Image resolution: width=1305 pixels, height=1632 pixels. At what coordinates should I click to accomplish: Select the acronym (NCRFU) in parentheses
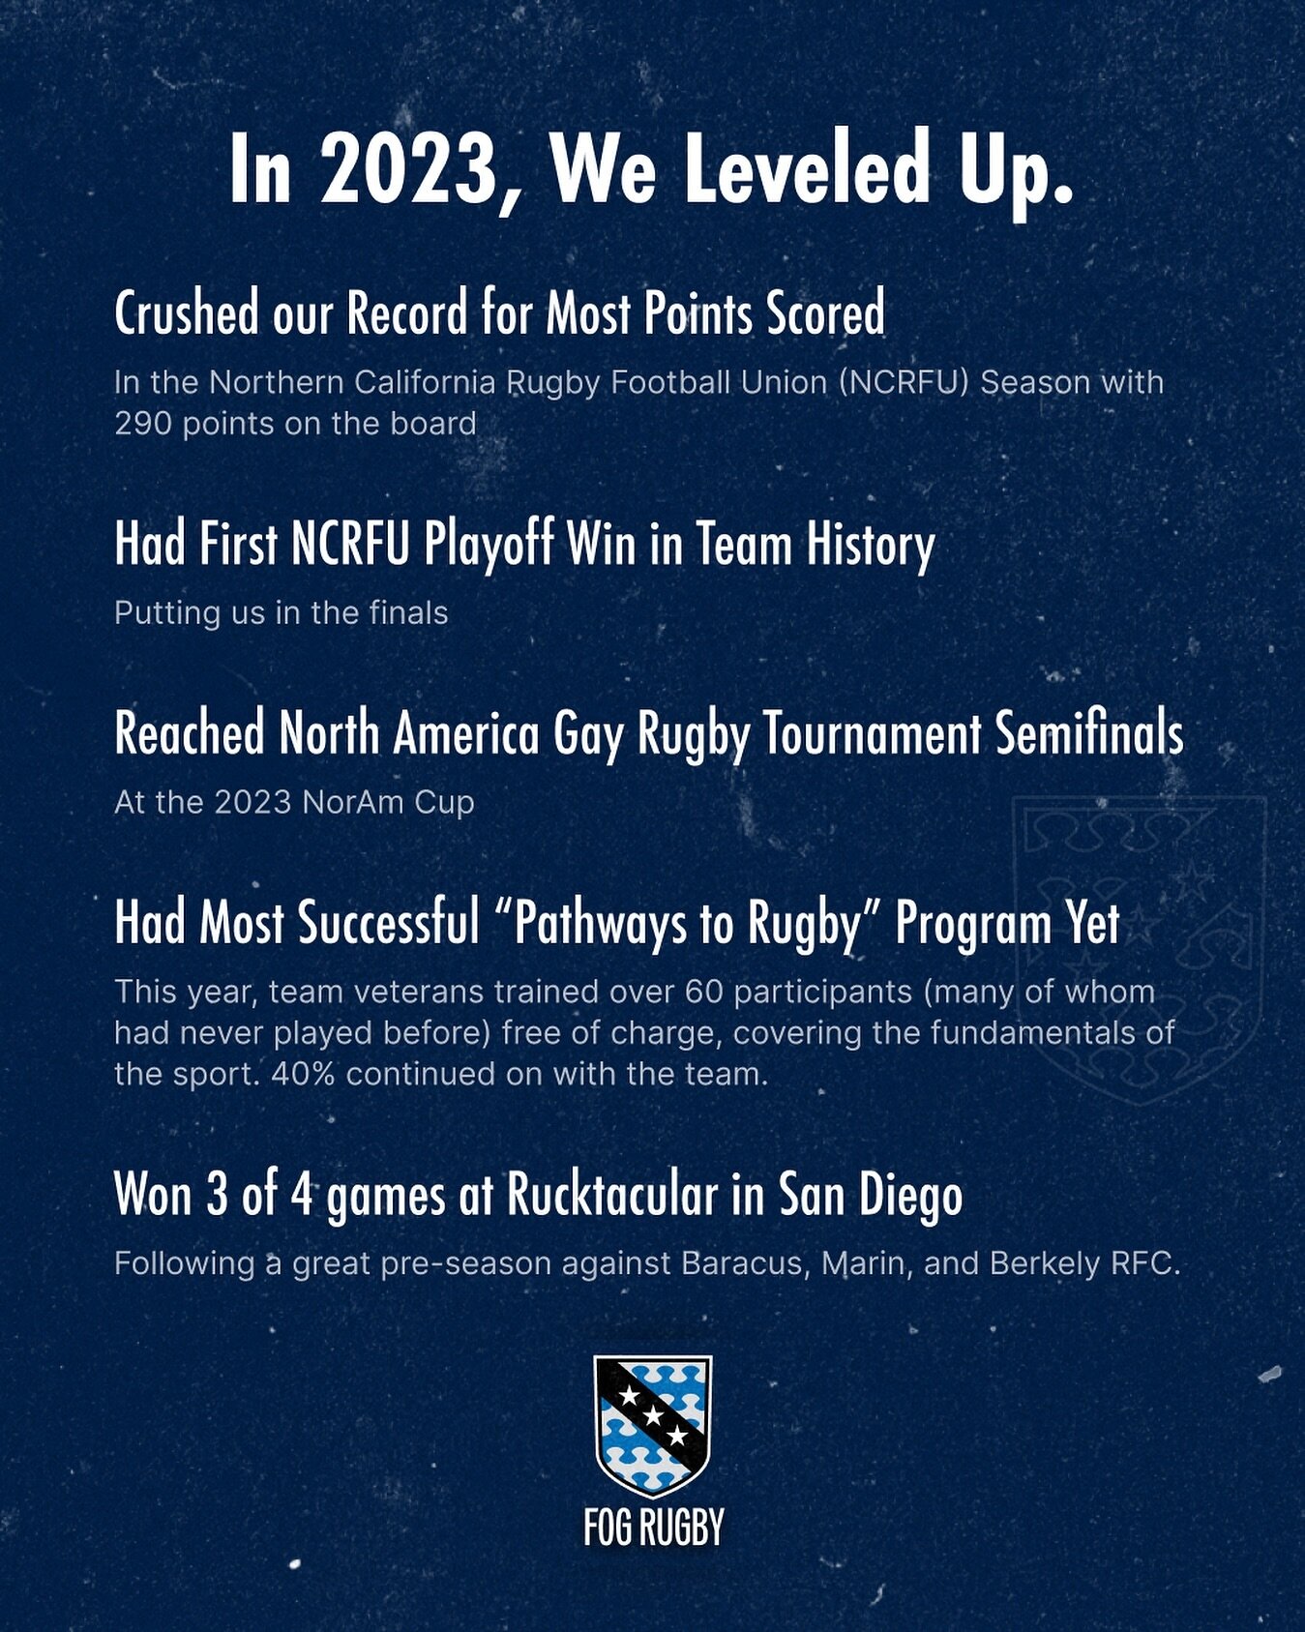(905, 383)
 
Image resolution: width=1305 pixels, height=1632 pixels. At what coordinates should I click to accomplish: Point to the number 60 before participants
(703, 993)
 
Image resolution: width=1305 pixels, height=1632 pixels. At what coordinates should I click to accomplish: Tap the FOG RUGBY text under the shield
(653, 1528)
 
